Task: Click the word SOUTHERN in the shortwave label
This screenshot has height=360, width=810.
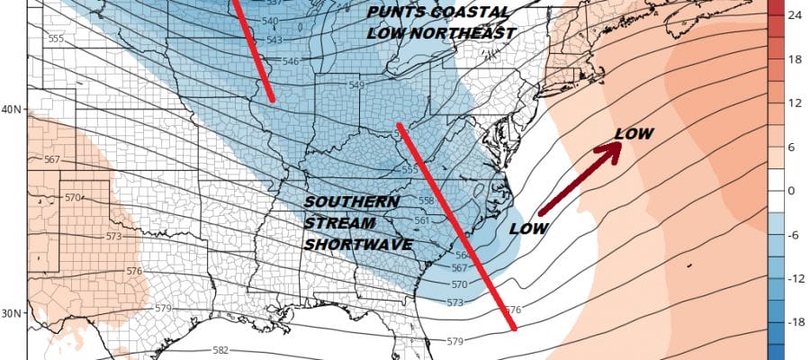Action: tap(351, 202)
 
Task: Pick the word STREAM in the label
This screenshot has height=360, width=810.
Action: tap(335, 222)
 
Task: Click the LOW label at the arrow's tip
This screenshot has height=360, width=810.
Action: tap(634, 134)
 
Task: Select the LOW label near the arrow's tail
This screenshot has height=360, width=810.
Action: tap(528, 229)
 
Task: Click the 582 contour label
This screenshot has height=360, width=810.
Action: tap(220, 350)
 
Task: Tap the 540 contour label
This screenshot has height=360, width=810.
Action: tap(268, 20)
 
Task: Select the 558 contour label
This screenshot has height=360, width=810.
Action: tap(426, 200)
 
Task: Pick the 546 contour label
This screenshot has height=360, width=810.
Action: tap(290, 61)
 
